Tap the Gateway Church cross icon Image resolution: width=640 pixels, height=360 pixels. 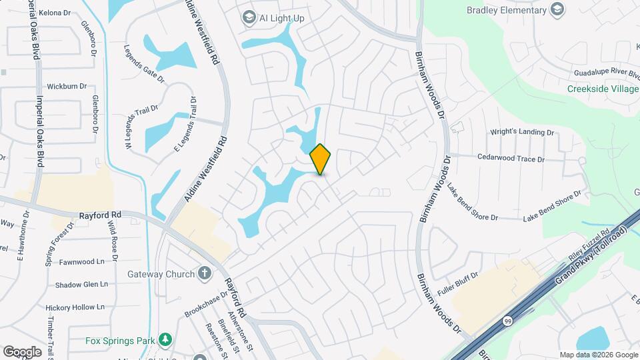click(205, 273)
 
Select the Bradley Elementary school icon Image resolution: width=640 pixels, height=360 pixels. click(557, 10)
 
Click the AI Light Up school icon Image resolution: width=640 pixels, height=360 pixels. click(249, 18)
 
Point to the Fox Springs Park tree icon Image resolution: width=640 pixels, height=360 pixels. click(164, 340)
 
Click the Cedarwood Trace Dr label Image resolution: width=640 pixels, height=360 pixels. click(511, 159)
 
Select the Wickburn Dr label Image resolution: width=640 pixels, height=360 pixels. click(67, 86)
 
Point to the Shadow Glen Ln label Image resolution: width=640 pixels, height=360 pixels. click(81, 285)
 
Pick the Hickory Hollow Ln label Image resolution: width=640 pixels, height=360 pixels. click(75, 307)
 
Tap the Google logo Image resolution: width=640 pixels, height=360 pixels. click(23, 351)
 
